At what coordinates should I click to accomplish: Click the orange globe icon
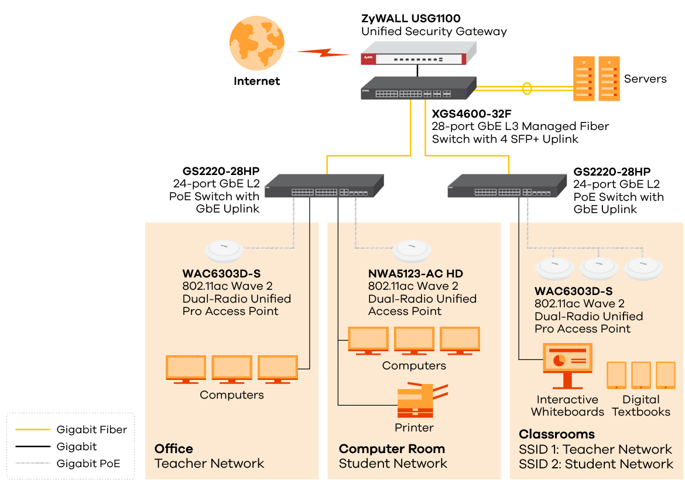coord(257,43)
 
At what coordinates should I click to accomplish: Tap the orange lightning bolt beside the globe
coord(323,53)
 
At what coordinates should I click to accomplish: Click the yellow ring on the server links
coord(527,88)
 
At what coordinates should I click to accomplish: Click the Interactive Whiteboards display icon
coord(567,365)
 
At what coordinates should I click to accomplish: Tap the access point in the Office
coord(224,251)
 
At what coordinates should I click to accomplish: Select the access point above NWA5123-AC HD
coord(412,251)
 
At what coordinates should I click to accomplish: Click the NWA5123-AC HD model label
coord(416,273)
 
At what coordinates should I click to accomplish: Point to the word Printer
coord(414,427)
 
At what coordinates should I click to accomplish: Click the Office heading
coord(173,449)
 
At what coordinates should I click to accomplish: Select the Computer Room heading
coord(392,449)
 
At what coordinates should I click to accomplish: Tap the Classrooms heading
coord(556,434)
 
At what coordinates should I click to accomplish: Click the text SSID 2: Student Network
coord(595,464)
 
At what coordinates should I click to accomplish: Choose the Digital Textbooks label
coord(641,406)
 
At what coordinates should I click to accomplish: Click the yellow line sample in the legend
coord(33,430)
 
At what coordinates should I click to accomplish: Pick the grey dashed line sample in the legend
coord(33,463)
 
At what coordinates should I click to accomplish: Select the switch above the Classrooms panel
coord(506,186)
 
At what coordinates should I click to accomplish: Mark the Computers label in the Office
coord(231,395)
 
